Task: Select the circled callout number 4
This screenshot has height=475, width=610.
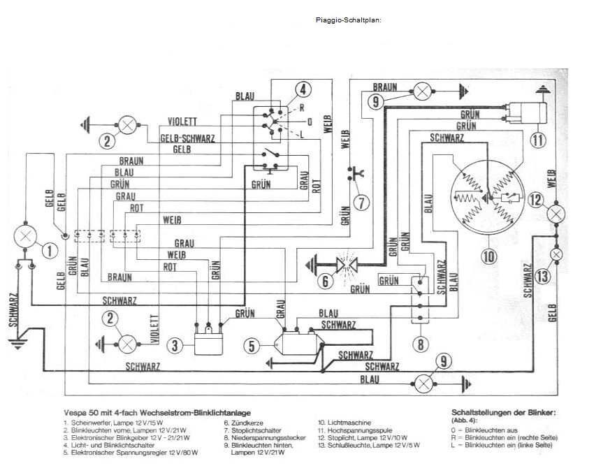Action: (x=302, y=90)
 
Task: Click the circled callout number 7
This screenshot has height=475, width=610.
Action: (x=361, y=203)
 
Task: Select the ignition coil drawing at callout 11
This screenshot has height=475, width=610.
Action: (x=525, y=112)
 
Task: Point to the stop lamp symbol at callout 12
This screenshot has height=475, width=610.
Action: (x=557, y=214)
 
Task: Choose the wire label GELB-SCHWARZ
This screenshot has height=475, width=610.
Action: (x=187, y=138)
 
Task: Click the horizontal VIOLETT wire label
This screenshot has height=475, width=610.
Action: (x=183, y=121)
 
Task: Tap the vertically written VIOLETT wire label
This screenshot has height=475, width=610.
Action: (x=155, y=328)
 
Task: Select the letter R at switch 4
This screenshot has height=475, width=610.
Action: (x=301, y=108)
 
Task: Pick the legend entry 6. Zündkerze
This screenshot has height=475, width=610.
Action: (x=242, y=423)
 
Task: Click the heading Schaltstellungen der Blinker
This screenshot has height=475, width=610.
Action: (x=504, y=412)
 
